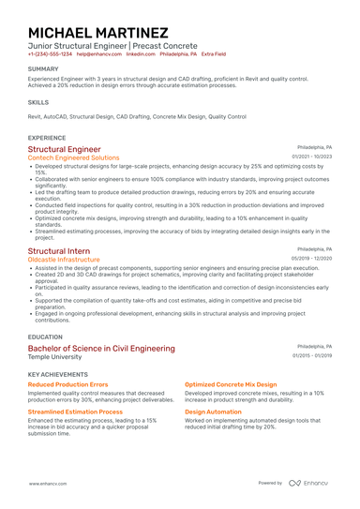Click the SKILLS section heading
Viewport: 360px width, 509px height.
tap(38, 101)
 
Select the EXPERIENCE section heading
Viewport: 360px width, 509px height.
tap(47, 137)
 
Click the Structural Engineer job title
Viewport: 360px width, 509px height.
tap(65, 149)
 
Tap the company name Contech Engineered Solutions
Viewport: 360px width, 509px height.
tap(74, 158)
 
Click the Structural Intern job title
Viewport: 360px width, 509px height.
tap(59, 251)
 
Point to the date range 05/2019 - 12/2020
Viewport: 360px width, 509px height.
tap(311, 259)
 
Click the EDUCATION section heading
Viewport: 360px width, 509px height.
tap(46, 337)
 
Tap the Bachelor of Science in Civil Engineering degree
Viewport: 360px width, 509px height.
tap(101, 349)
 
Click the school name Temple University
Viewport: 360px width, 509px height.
tap(55, 357)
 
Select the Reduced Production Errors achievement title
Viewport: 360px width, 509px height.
tap(68, 384)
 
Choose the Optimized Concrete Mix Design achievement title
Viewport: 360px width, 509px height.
tap(231, 384)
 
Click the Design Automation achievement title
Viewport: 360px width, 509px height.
tap(214, 412)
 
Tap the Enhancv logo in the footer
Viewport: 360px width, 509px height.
tap(308, 483)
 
